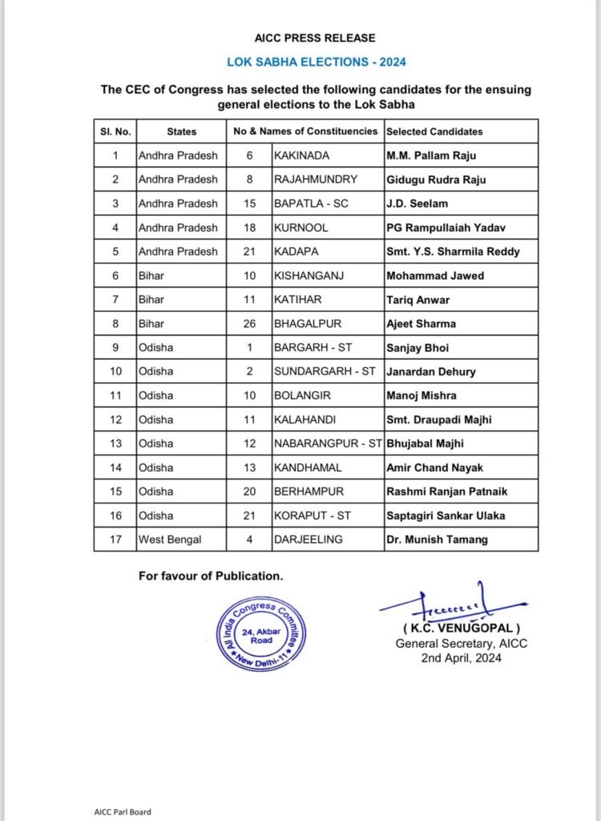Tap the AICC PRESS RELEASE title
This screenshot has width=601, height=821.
(x=316, y=38)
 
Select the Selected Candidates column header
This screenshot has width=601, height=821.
(x=434, y=131)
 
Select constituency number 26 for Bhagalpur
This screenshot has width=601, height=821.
(x=250, y=324)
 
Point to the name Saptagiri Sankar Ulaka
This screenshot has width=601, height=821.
(x=446, y=516)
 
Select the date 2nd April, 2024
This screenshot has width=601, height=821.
(x=462, y=658)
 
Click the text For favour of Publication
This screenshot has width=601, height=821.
(x=211, y=576)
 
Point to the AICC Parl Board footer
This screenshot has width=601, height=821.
(x=122, y=811)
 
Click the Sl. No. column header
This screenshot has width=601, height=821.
(x=114, y=131)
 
